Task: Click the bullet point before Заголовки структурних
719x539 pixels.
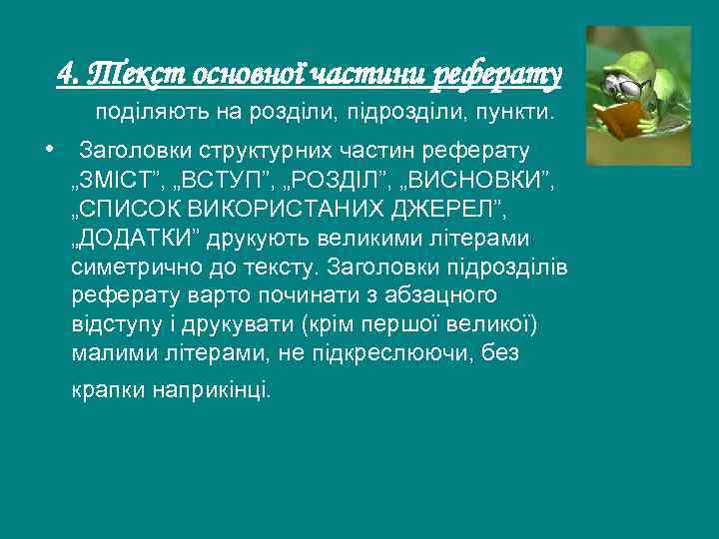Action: point(48,149)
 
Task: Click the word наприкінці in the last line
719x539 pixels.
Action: point(211,390)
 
